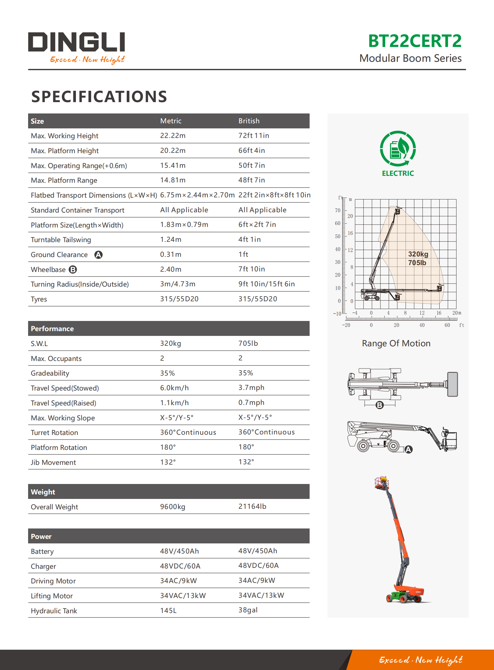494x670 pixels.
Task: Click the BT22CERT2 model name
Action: pos(415,41)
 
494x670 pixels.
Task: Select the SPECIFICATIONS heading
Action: pos(99,96)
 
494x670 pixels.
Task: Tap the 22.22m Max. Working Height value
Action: pos(172,136)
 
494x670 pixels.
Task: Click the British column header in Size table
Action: pos(249,121)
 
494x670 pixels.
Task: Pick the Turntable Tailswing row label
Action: pos(61,239)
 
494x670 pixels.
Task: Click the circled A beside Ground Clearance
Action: pos(98,254)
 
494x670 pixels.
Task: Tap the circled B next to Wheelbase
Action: pos(73,269)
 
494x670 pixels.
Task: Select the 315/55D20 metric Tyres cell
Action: pos(179,299)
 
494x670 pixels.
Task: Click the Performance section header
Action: pos(52,328)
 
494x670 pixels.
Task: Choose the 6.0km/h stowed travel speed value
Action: pos(174,388)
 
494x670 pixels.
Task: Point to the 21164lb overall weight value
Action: pos(252,506)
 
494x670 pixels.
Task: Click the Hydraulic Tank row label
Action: pos(54,611)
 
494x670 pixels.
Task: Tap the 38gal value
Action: pos(248,610)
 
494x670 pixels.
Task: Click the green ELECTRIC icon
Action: pos(398,149)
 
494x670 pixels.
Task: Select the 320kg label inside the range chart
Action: pos(418,254)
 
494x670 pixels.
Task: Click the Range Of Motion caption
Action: pos(396,343)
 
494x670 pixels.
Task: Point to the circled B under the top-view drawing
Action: pos(380,405)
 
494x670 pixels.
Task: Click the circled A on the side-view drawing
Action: pos(408,449)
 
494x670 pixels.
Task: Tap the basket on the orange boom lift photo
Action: pos(381,482)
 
